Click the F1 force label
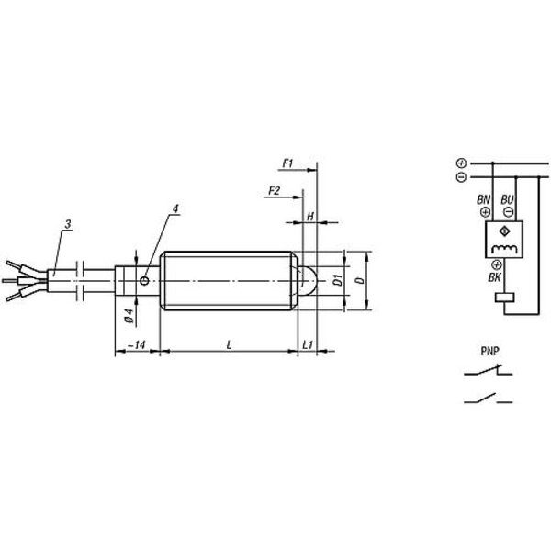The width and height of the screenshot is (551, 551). pos(287,163)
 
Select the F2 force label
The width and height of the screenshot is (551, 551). pos(274,191)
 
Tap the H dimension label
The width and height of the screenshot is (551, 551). pos(310,217)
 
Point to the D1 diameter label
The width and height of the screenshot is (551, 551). pos(338,280)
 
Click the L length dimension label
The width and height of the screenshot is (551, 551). pos(229,344)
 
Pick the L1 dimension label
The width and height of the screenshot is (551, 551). pos(308,344)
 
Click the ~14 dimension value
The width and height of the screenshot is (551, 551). pos(137,344)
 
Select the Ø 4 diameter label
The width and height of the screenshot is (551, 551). pos(129,316)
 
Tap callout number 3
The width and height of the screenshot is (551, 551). pos(68,224)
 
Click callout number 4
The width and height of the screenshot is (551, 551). pos(175,208)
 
